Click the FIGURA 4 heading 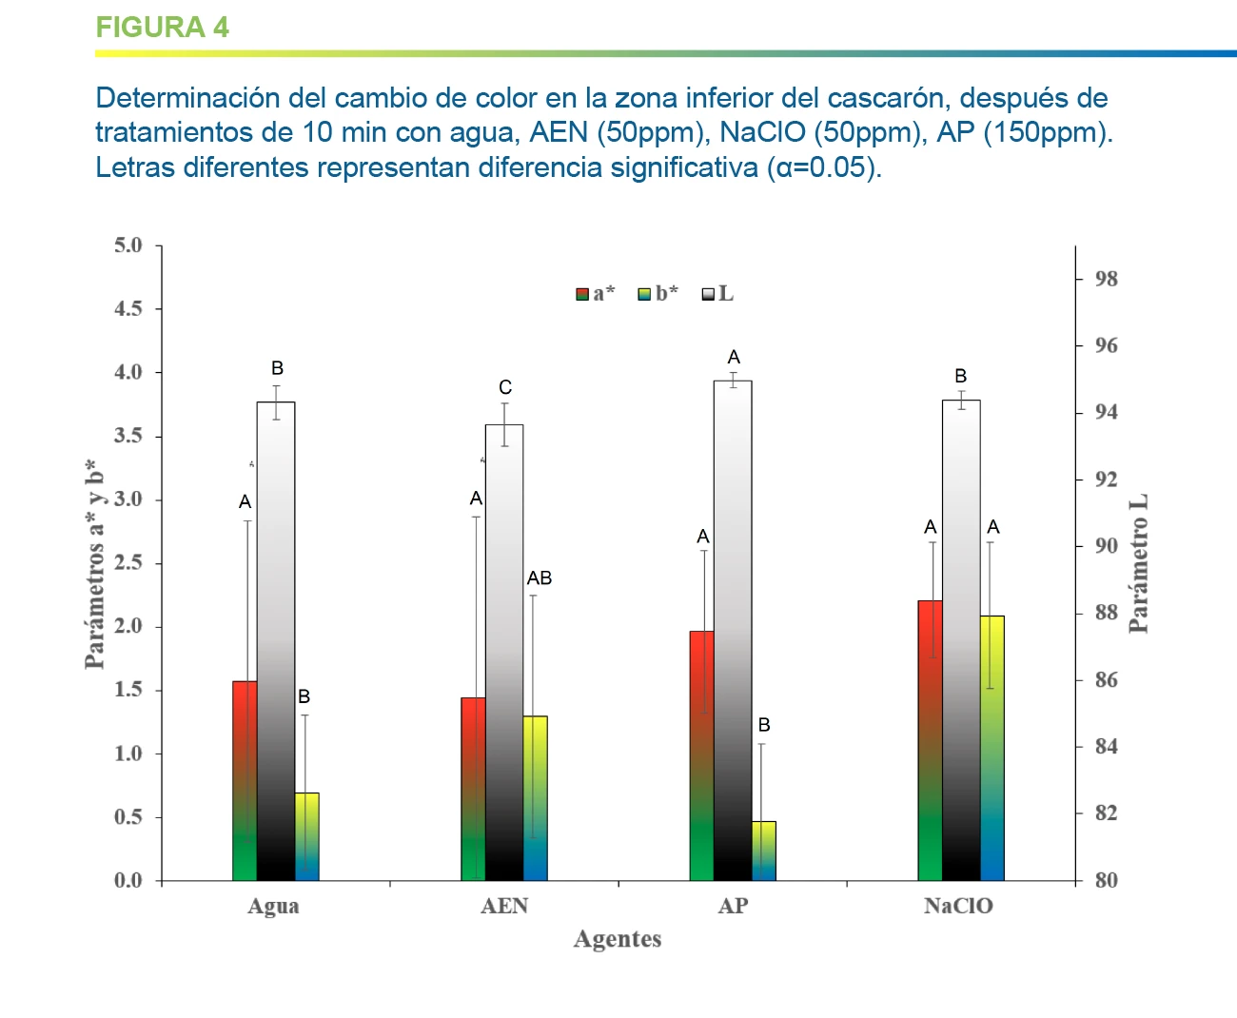(x=162, y=28)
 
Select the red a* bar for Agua (x=245, y=780)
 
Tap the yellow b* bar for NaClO (x=992, y=748)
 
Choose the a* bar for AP (x=701, y=755)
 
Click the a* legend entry (x=596, y=294)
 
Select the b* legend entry (x=658, y=294)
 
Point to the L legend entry (x=718, y=294)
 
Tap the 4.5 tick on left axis (x=128, y=309)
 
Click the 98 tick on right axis (x=1106, y=279)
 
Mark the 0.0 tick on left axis (x=128, y=881)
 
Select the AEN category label (x=504, y=906)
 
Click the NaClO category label (x=958, y=906)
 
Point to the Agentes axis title (x=618, y=939)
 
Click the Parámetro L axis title (x=1138, y=563)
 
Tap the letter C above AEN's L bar (x=505, y=387)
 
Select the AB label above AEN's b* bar (x=540, y=578)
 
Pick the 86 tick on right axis (x=1106, y=680)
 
